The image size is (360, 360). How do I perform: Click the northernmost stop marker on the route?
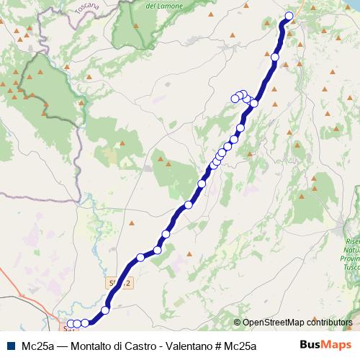click(289, 16)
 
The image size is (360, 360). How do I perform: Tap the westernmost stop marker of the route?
click(71, 324)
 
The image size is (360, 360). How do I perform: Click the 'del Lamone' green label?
click(161, 5)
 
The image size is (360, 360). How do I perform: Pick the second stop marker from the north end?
click(275, 56)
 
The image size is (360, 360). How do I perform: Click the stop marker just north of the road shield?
click(140, 257)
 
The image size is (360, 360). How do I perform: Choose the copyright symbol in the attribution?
click(238, 323)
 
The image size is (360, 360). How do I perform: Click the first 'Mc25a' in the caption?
click(37, 345)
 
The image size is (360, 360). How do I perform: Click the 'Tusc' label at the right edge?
click(351, 266)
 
